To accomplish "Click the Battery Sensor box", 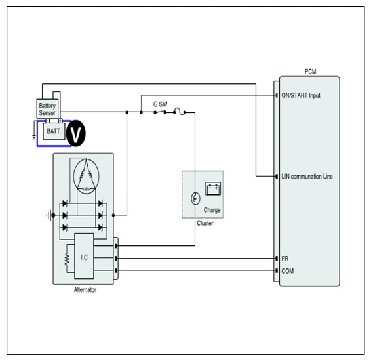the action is click(47, 109).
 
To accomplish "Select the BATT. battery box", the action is click(54, 131).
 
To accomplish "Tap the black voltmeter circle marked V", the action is click(76, 133).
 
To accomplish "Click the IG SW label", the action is click(160, 104).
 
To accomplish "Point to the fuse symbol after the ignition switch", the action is click(180, 111).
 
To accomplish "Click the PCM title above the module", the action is click(310, 72).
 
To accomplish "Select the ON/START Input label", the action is click(301, 95).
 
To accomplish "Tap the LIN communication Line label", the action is click(307, 177).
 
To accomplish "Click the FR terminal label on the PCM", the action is click(285, 259).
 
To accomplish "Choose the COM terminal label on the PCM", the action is click(288, 271).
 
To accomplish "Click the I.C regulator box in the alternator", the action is click(84, 256).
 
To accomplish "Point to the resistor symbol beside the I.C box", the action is click(67, 259).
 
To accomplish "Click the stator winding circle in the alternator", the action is click(86, 177).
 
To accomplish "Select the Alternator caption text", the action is click(85, 290).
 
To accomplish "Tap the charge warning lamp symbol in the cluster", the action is click(195, 198).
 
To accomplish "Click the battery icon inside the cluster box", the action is click(213, 189).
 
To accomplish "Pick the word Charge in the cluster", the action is click(212, 210).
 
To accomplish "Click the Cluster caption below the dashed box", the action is click(205, 223).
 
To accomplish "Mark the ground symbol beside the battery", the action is click(34, 137).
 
